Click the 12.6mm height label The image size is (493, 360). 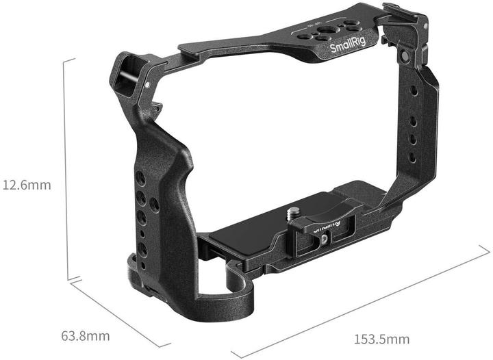tap(25, 185)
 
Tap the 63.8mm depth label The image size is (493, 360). tap(86, 336)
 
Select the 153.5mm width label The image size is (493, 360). tap(381, 339)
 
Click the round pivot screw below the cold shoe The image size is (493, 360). tap(405, 55)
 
